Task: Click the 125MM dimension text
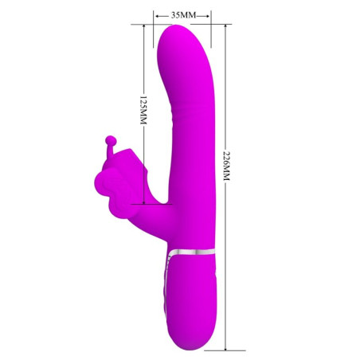[144, 111]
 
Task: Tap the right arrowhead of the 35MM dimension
[209, 14]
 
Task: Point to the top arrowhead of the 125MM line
[144, 26]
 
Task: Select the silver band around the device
[192, 254]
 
